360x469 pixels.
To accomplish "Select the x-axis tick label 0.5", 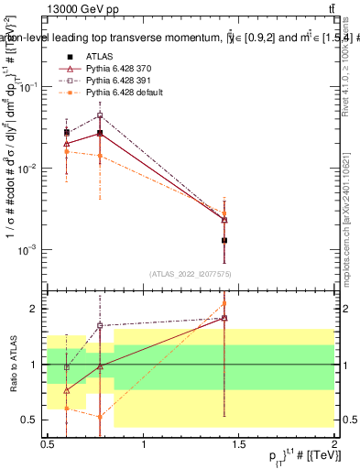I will coord(48,443).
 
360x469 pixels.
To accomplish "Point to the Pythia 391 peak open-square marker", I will coord(100,115).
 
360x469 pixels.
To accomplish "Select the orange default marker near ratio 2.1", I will coord(224,303).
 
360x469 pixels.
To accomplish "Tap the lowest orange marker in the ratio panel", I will coord(100,416).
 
